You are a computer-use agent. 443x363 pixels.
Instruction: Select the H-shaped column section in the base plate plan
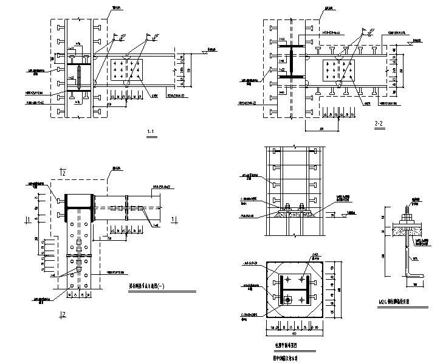tap(294, 288)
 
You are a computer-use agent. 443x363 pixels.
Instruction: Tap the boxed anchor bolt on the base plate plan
tap(289, 299)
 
